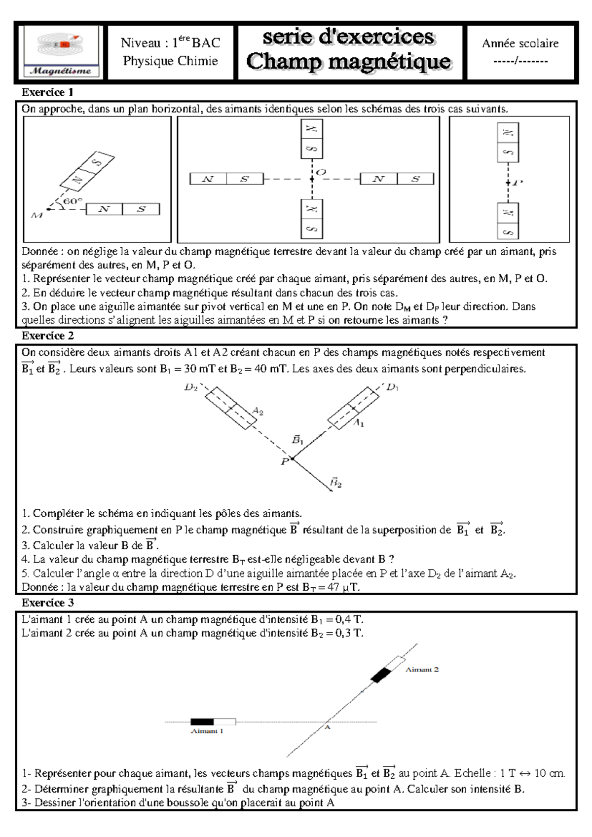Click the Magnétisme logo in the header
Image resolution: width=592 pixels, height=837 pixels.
[62, 52]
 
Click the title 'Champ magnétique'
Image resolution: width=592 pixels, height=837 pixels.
[349, 62]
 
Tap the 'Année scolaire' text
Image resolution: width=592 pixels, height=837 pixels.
[520, 43]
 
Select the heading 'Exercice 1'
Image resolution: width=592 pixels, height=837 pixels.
[47, 92]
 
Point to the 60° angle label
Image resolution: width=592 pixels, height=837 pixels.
[72, 201]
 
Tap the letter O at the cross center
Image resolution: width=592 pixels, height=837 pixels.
[321, 172]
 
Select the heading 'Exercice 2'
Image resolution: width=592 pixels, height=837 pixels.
[48, 336]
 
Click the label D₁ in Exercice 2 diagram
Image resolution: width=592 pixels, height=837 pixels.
[392, 387]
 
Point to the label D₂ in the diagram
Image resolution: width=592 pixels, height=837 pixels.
[191, 387]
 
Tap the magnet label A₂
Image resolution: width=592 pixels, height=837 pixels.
[258, 411]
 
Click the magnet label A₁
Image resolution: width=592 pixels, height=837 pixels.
[359, 423]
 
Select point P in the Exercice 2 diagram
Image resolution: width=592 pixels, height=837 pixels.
[292, 459]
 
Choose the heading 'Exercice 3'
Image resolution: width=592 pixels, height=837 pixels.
[48, 603]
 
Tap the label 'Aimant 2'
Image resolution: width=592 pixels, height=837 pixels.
[422, 669]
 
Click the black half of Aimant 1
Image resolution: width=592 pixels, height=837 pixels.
[202, 722]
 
